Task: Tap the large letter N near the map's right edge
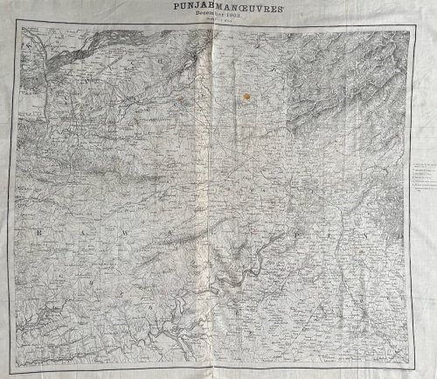[x=358, y=236]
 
